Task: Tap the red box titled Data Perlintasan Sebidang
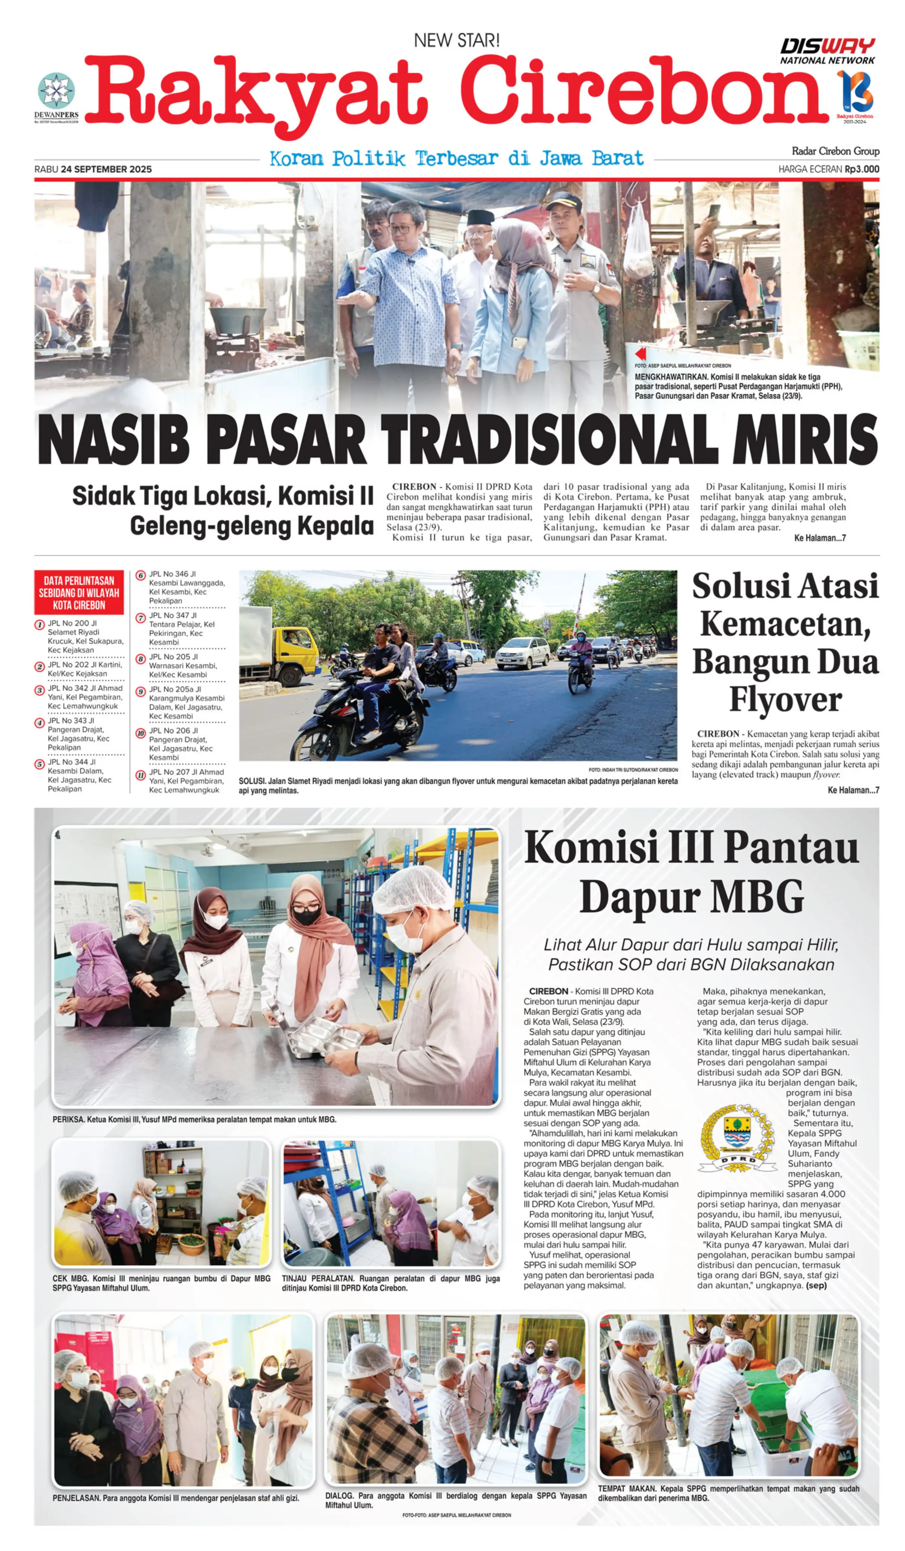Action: (x=79, y=592)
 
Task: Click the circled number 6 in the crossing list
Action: (x=140, y=575)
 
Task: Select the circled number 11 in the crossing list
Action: (x=140, y=775)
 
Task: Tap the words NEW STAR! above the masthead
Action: (x=456, y=41)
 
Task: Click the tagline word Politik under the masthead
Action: (x=368, y=159)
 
